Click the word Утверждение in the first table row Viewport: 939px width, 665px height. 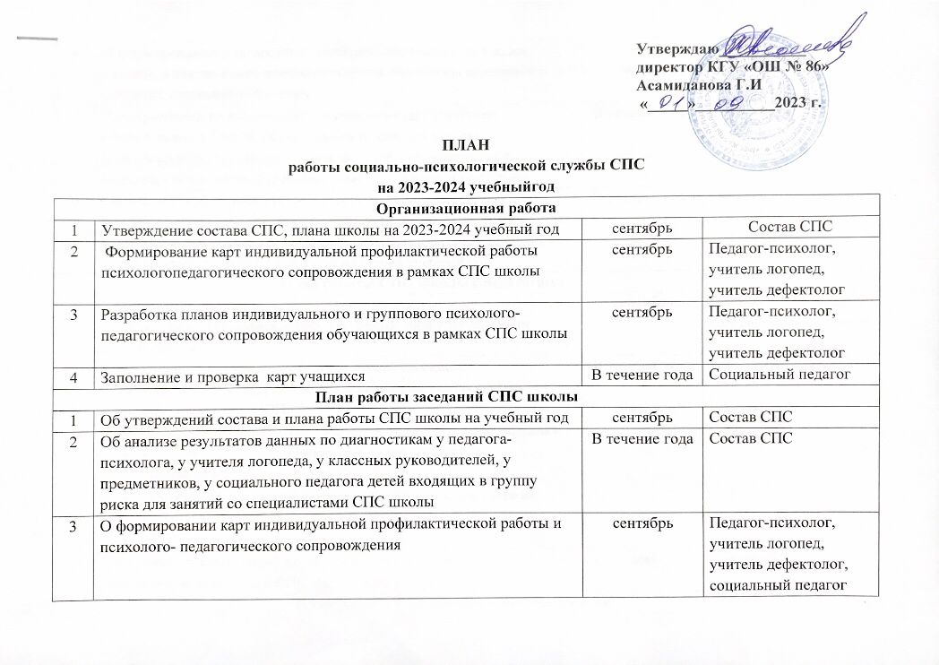146,229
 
